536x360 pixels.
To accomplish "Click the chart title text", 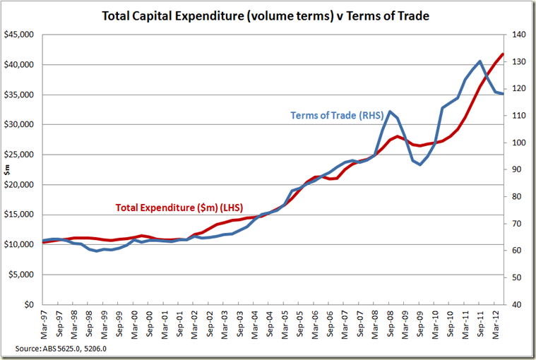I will pos(267,15).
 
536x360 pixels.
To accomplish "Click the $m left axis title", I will pos(8,169).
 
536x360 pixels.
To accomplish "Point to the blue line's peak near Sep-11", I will pos(480,61).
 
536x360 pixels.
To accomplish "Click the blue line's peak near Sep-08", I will pos(390,111).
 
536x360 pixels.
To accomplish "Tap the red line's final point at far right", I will pos(503,54).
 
